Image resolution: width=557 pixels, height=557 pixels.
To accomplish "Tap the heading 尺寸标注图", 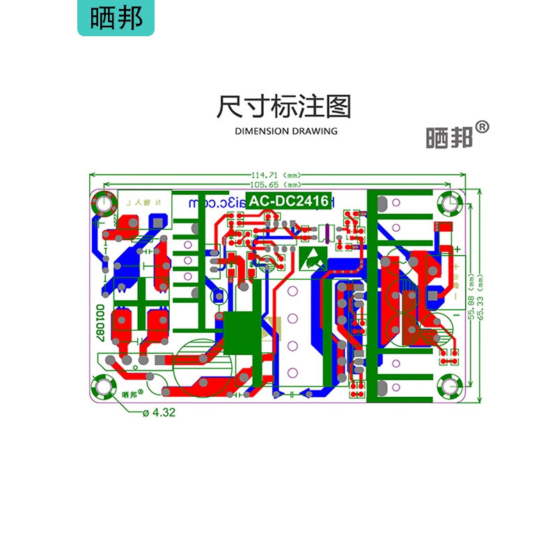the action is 283,107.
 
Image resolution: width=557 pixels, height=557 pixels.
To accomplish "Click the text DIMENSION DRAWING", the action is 286,131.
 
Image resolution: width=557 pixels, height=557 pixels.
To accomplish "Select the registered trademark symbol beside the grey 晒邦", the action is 483,127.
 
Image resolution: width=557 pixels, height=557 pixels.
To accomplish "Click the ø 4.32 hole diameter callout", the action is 159,413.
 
